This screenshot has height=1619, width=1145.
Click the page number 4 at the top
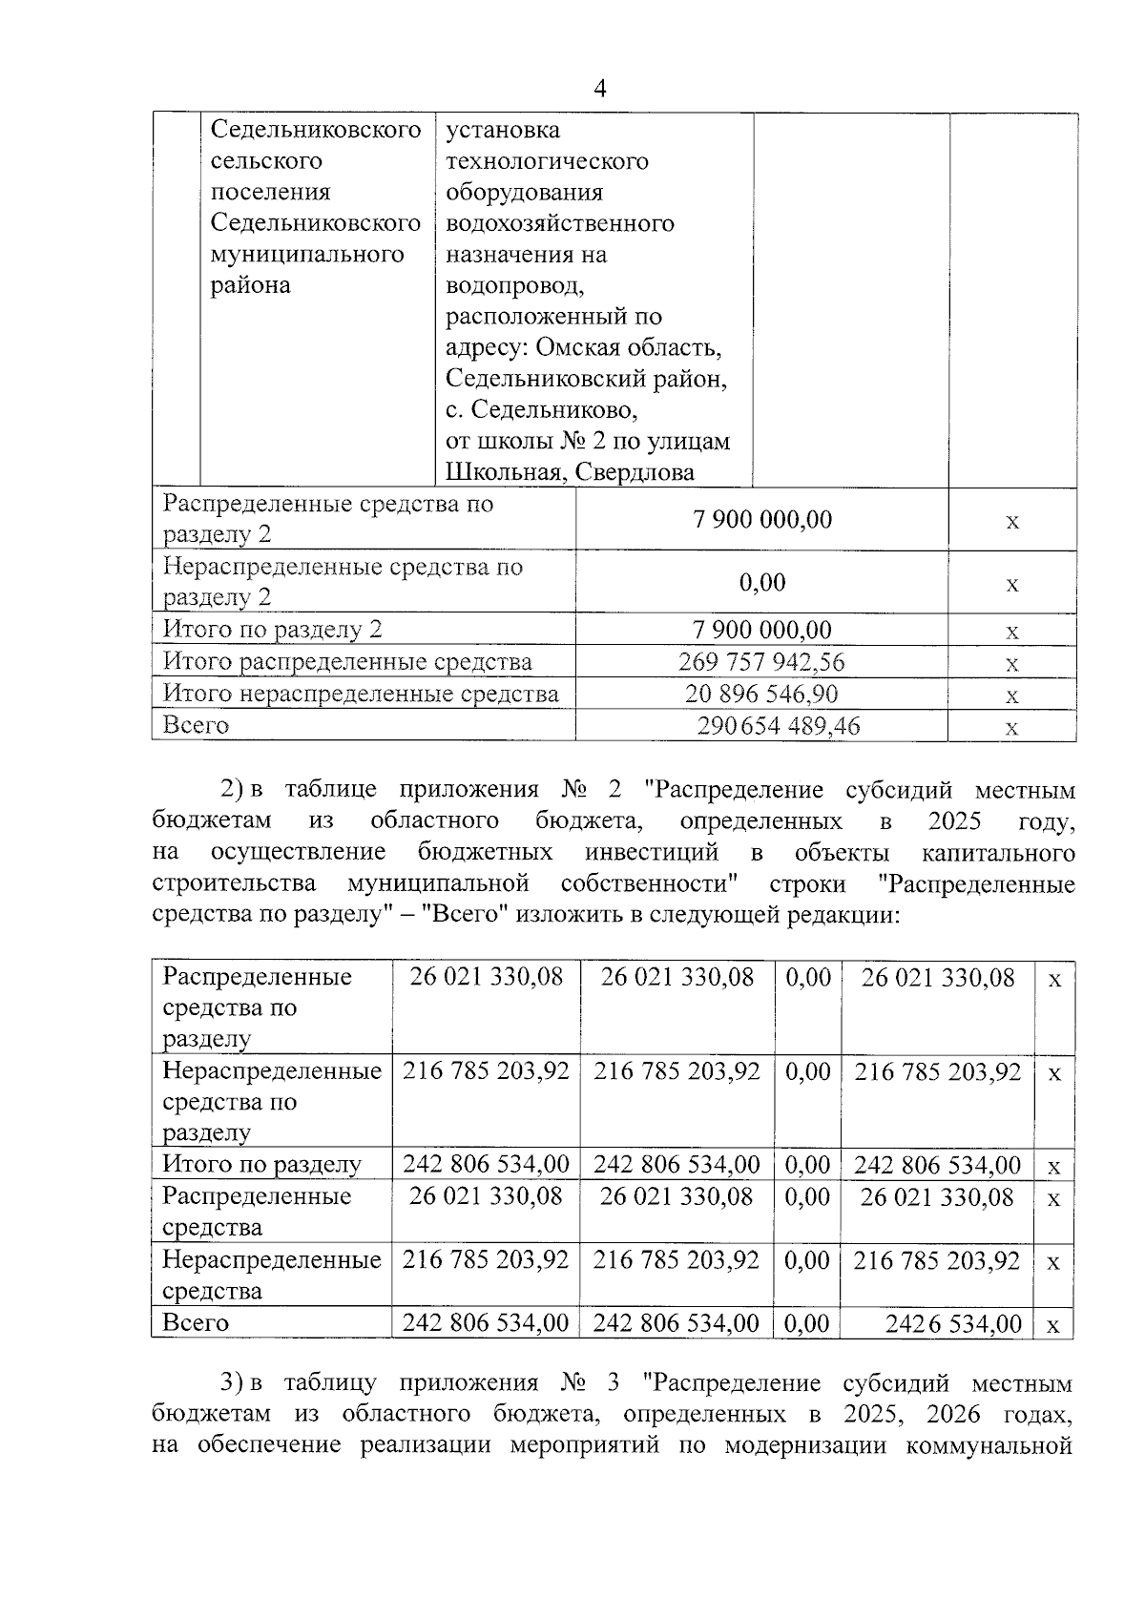pyautogui.click(x=599, y=89)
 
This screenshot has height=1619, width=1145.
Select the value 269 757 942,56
pyautogui.click(x=761, y=662)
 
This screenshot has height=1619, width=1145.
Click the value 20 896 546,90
pyautogui.click(x=761, y=694)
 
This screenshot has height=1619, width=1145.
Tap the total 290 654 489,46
pyautogui.click(x=779, y=726)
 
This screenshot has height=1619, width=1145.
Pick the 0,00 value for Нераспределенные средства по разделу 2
pyautogui.click(x=761, y=582)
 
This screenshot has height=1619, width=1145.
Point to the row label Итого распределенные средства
pyautogui.click(x=347, y=662)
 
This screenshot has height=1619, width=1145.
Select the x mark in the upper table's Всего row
pyautogui.click(x=1012, y=728)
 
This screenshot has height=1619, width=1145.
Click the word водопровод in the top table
pyautogui.click(x=514, y=285)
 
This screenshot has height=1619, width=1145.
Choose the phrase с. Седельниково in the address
pyautogui.click(x=541, y=410)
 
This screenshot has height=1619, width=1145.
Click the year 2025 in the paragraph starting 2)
pyautogui.click(x=954, y=821)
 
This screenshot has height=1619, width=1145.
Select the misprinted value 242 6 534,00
pyautogui.click(x=953, y=1324)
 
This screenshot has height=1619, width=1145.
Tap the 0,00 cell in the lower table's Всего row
pyautogui.click(x=807, y=1323)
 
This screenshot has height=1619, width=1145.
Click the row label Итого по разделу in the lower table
pyautogui.click(x=262, y=1164)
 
